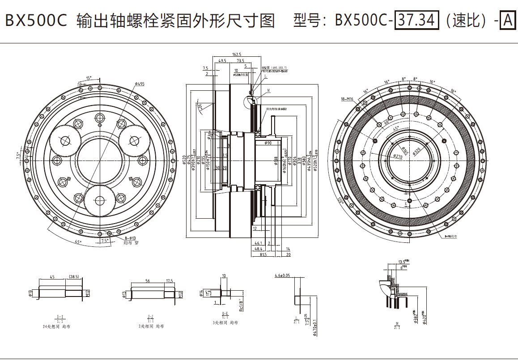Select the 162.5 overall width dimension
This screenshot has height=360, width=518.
pos(237,55)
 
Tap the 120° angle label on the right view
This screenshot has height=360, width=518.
pos(341,201)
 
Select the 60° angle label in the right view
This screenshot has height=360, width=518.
pos(386,121)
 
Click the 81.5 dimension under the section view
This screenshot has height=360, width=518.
pos(263,254)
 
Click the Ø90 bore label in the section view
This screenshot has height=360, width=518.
pos(268,143)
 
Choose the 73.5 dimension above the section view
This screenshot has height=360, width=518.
pos(241,60)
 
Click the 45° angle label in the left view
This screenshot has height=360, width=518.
pos(78,242)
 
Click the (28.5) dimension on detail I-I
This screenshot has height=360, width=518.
pos(74,277)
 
